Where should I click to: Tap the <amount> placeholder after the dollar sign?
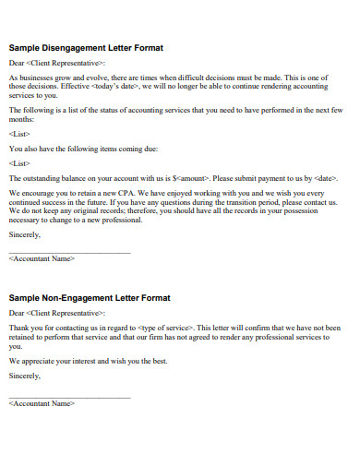pyautogui.click(x=194, y=177)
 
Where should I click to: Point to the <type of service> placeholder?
pyautogui.click(x=165, y=328)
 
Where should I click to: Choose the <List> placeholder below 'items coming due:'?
pyautogui.click(x=18, y=162)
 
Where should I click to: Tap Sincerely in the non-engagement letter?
pyautogui.click(x=24, y=376)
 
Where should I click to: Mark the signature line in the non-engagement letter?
pyautogui.click(x=69, y=397)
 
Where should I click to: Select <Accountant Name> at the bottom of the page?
pyautogui.click(x=41, y=404)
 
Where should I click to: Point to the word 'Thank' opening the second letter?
pyautogui.click(x=18, y=328)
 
